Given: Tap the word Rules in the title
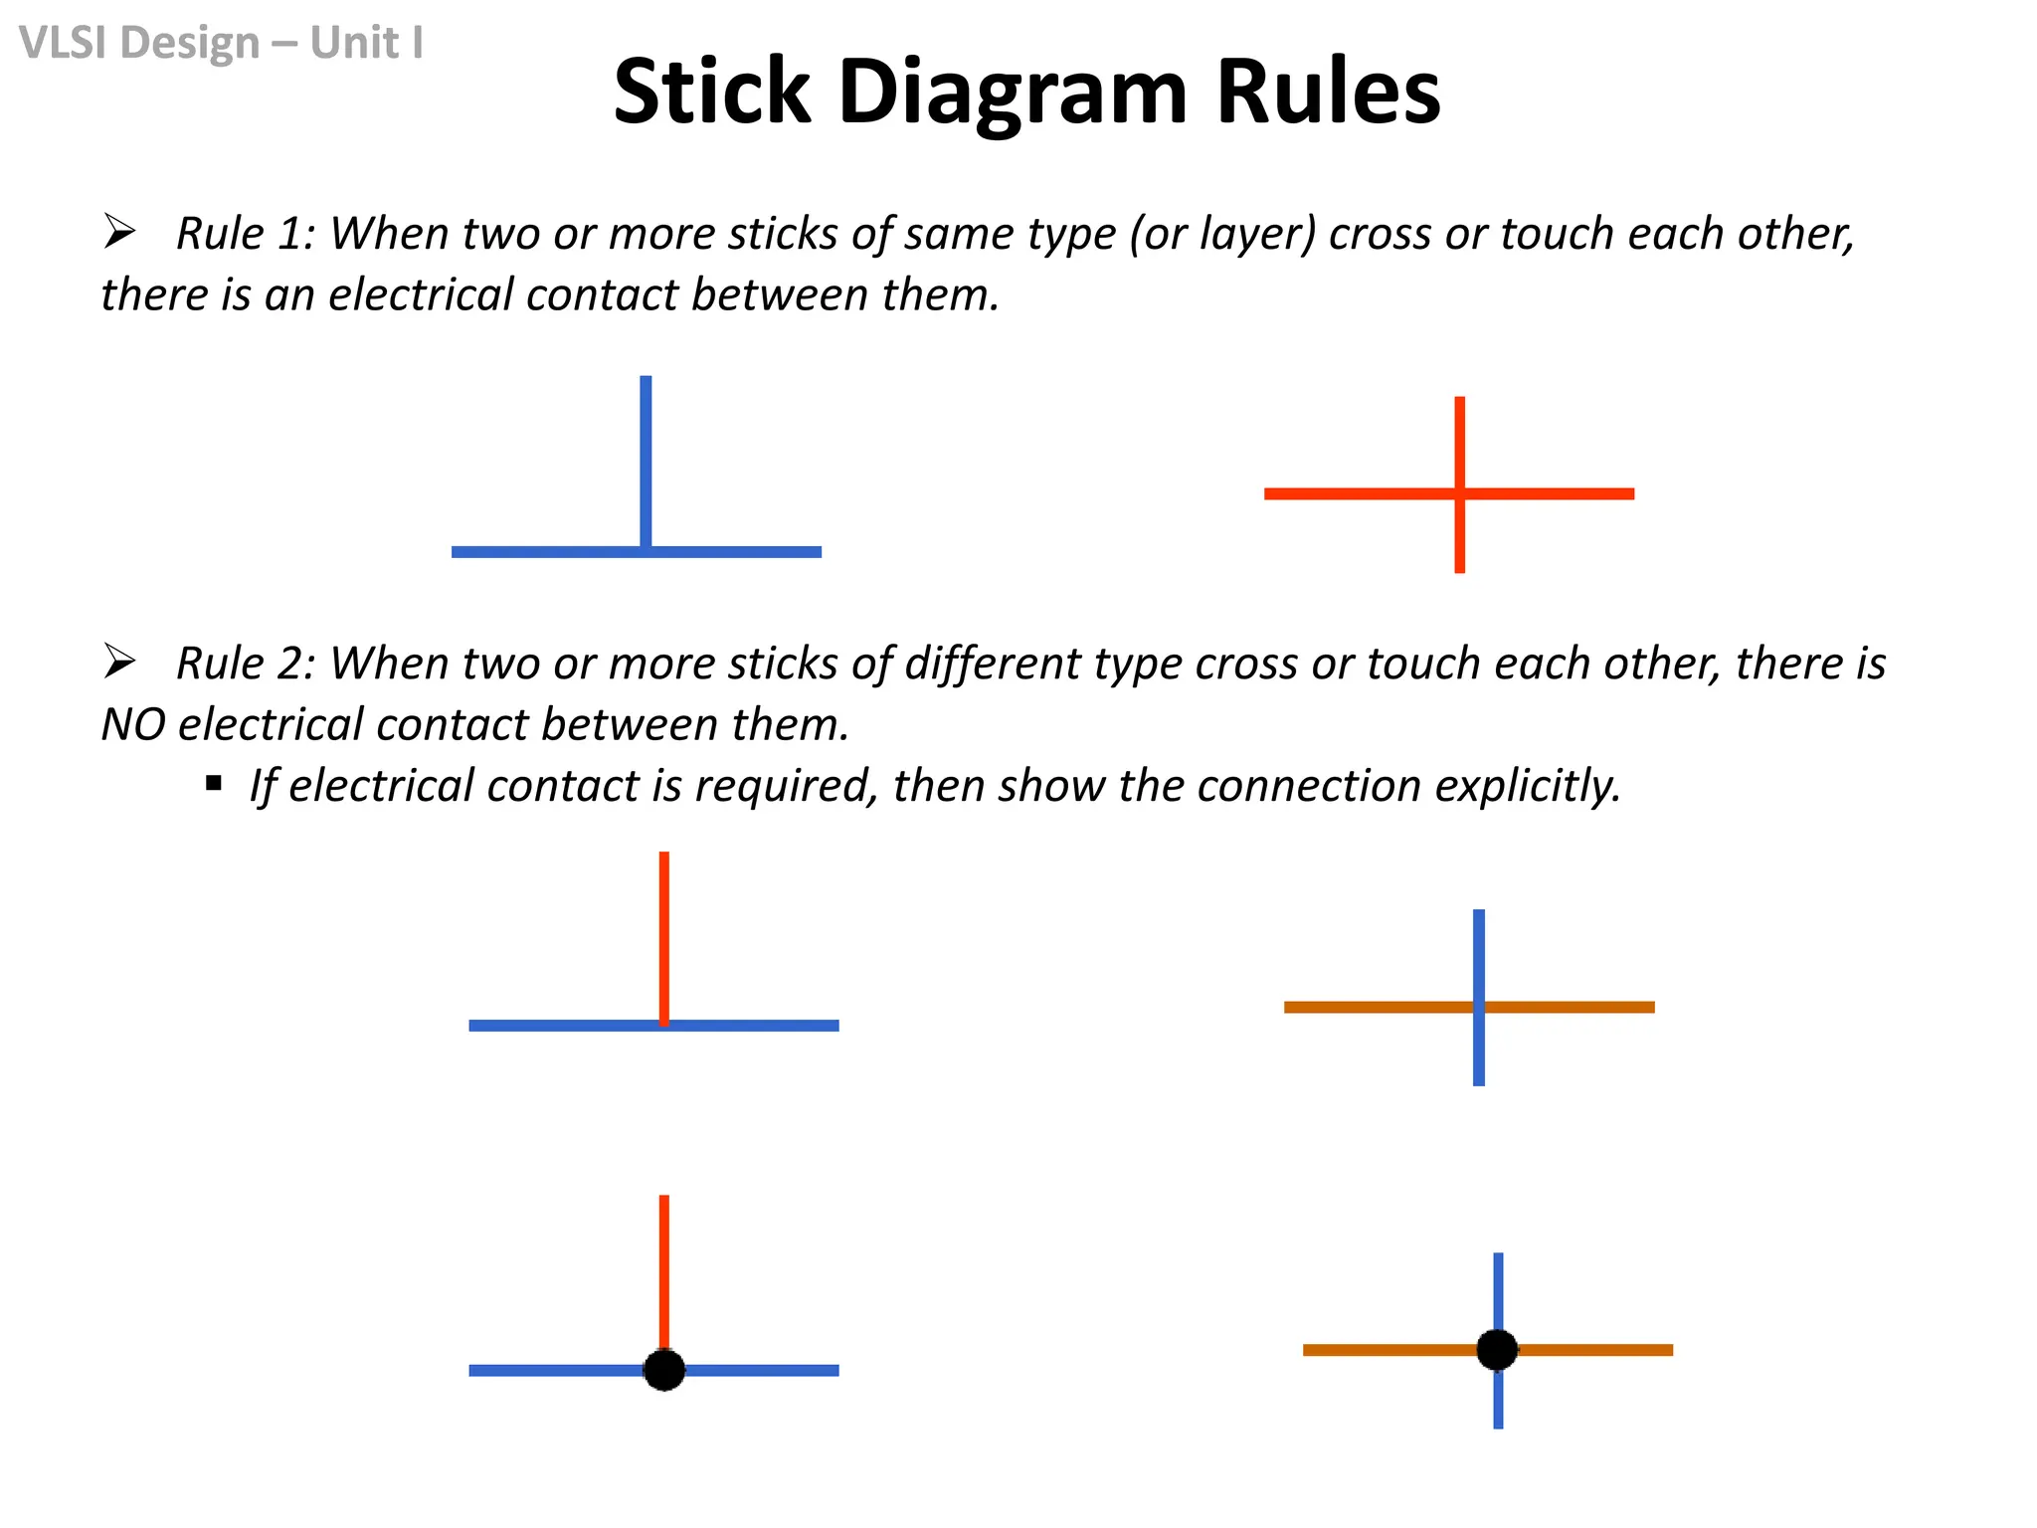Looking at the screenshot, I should (1328, 93).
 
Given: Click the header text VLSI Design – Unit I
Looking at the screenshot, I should (221, 43).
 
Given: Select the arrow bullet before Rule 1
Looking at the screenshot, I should (119, 232).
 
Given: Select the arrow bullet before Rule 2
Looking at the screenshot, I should (119, 662).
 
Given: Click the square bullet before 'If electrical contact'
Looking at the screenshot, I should (214, 784).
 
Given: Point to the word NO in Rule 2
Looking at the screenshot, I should (133, 724).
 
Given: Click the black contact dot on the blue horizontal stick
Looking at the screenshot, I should (664, 1370).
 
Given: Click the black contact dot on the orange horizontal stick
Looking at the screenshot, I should (1497, 1350).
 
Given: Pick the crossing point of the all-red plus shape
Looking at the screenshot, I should (1459, 493).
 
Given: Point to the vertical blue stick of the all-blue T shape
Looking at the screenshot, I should (646, 458).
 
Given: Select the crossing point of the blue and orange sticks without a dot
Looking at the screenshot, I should (1479, 1007).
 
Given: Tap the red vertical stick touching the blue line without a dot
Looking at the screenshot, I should (664, 935).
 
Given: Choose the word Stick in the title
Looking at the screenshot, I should (712, 93).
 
